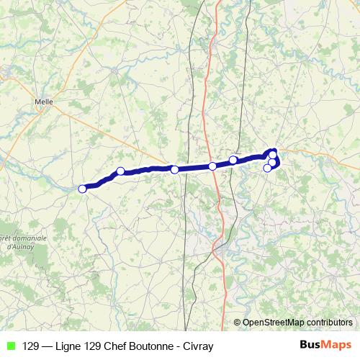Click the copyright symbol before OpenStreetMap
click(238, 323)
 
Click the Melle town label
click(45, 102)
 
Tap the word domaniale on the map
click(29, 238)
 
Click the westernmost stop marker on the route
click(82, 189)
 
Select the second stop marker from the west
click(120, 171)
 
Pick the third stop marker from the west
click(175, 170)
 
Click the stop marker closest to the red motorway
click(212, 166)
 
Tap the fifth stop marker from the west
click(233, 160)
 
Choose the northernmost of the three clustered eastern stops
click(273, 154)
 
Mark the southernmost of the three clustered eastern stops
click(268, 168)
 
